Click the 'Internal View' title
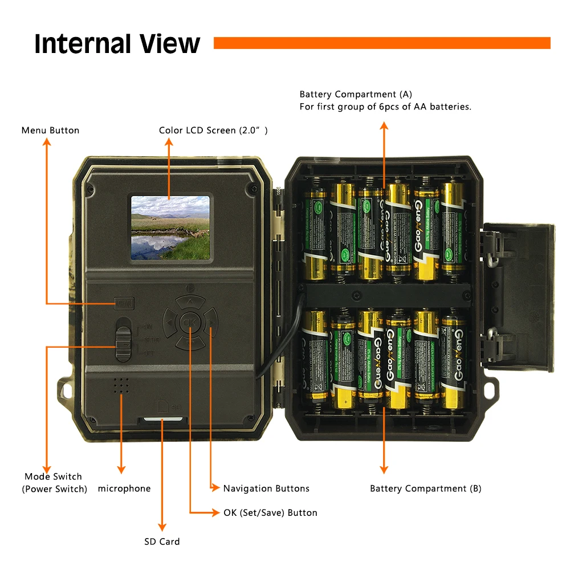(117, 44)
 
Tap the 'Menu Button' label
(50, 131)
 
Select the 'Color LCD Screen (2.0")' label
(213, 131)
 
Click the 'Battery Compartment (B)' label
(425, 488)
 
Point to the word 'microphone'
(124, 488)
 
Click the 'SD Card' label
(162, 541)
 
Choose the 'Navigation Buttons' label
(266, 488)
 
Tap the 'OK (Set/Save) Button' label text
(270, 513)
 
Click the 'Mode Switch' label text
(53, 477)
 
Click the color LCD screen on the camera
(170, 227)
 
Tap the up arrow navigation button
(190, 301)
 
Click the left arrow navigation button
(169, 324)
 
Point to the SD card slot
(162, 420)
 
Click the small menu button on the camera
(124, 302)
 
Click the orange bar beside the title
(381, 43)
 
